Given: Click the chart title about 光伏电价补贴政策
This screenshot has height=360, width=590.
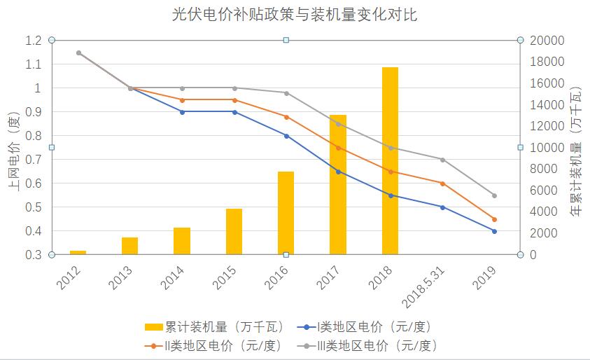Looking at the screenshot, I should [x=295, y=15].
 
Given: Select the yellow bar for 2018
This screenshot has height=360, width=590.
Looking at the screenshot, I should [x=390, y=161].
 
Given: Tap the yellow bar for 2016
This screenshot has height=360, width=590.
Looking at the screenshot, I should [x=286, y=213].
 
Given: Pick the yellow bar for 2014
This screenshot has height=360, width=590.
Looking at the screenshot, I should [x=182, y=241].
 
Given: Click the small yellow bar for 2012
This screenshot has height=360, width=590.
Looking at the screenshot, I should [x=78, y=252].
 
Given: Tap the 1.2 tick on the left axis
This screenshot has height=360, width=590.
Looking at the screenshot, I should [x=34, y=41].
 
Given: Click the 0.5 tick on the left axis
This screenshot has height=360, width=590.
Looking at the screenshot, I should [x=34, y=207].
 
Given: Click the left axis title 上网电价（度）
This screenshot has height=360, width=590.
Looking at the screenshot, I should [x=13, y=148].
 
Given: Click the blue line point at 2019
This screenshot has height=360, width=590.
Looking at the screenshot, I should [x=494, y=231].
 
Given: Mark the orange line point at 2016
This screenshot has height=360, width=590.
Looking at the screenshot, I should [x=286, y=117].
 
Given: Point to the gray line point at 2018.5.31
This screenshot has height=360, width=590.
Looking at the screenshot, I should [x=442, y=160].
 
